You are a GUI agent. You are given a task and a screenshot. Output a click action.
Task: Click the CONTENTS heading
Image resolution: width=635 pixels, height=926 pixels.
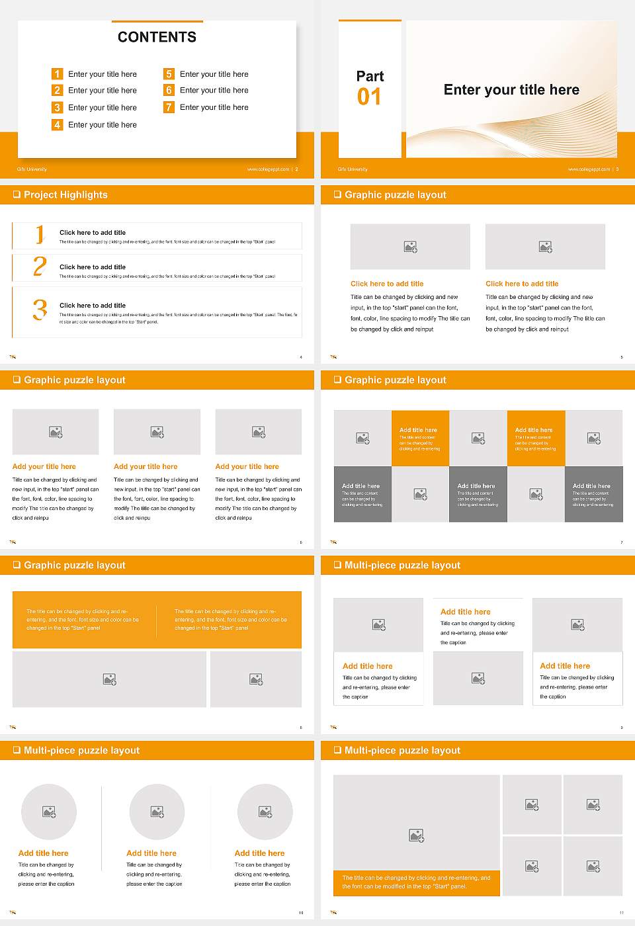157,37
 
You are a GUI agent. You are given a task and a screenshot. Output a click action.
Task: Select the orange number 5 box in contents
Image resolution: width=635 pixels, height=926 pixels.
169,74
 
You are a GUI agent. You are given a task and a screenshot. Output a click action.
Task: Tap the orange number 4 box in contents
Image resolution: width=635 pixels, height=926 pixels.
58,124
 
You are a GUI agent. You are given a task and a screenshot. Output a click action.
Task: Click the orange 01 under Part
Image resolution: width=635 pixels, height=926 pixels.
369,97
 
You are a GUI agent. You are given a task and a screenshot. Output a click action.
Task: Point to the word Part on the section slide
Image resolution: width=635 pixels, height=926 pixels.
370,76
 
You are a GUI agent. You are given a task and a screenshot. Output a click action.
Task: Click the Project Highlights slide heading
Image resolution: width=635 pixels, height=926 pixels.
65,194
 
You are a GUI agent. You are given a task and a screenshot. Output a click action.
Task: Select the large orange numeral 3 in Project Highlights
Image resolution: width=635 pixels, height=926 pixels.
40,310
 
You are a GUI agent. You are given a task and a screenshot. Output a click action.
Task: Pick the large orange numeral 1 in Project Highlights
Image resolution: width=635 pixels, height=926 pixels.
40,234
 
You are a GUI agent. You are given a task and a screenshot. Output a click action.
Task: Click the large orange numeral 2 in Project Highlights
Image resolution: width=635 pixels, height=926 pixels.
40,267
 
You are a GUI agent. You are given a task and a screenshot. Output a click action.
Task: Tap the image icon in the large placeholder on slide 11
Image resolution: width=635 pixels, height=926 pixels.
416,836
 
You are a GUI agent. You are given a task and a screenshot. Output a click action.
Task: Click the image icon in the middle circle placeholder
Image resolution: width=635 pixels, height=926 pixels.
157,812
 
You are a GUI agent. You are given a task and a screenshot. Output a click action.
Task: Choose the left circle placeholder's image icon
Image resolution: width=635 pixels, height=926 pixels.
49,812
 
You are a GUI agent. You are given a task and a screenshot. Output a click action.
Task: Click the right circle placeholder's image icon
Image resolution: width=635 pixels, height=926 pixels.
265,812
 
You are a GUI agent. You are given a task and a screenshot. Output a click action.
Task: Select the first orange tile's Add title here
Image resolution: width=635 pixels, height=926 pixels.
418,430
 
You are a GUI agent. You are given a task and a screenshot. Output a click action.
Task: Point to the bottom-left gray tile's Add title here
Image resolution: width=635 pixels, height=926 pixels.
361,485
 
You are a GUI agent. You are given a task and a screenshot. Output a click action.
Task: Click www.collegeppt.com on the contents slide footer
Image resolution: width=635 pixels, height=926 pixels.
268,169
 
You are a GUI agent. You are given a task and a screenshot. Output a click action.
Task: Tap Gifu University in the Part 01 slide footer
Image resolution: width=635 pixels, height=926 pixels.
353,169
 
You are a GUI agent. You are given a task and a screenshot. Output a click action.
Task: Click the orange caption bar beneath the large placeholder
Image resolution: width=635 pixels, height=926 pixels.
416,882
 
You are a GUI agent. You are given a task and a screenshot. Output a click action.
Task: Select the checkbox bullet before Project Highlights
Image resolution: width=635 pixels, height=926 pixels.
17,194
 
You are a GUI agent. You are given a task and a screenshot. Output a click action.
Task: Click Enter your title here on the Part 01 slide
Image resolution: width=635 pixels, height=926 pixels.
511,90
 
